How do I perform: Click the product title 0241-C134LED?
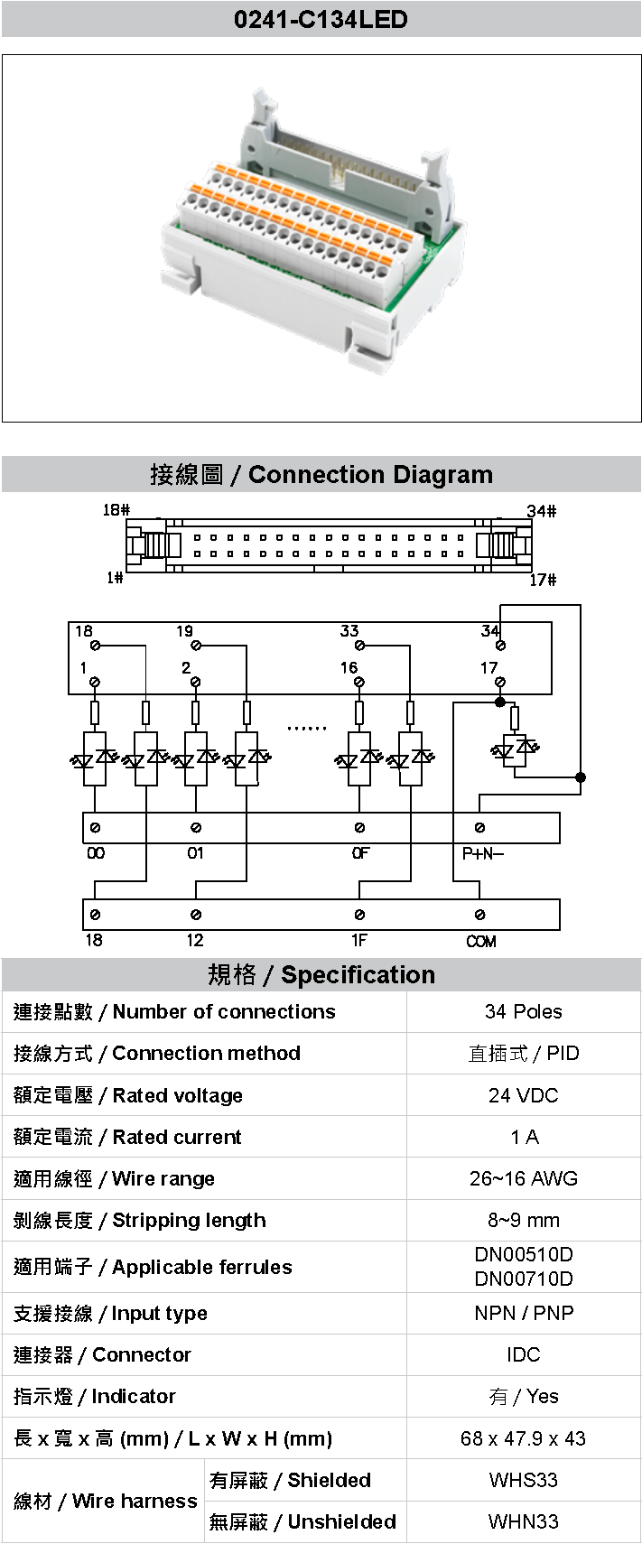pos(321,19)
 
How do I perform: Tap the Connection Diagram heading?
pos(321,474)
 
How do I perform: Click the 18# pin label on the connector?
pos(116,510)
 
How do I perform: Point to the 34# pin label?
pos(541,511)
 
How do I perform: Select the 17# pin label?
pos(542,580)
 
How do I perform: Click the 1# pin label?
pos(115,578)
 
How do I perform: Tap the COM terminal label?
pos(480,941)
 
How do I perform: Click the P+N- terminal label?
pos(482,853)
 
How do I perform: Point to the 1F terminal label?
pos(359,941)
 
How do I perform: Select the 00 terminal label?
pos(95,853)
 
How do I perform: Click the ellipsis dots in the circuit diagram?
pos(306,728)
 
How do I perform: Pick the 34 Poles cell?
pos(523,1011)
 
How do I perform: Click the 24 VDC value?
pos(523,1095)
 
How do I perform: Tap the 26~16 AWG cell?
pos(523,1178)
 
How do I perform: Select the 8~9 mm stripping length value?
pos(523,1220)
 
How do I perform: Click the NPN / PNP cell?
pos(523,1313)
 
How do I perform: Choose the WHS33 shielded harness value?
pos(523,1480)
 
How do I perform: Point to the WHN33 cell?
pos(523,1521)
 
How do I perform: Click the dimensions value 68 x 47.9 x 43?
pos(523,1438)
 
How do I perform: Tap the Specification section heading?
pos(321,974)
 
